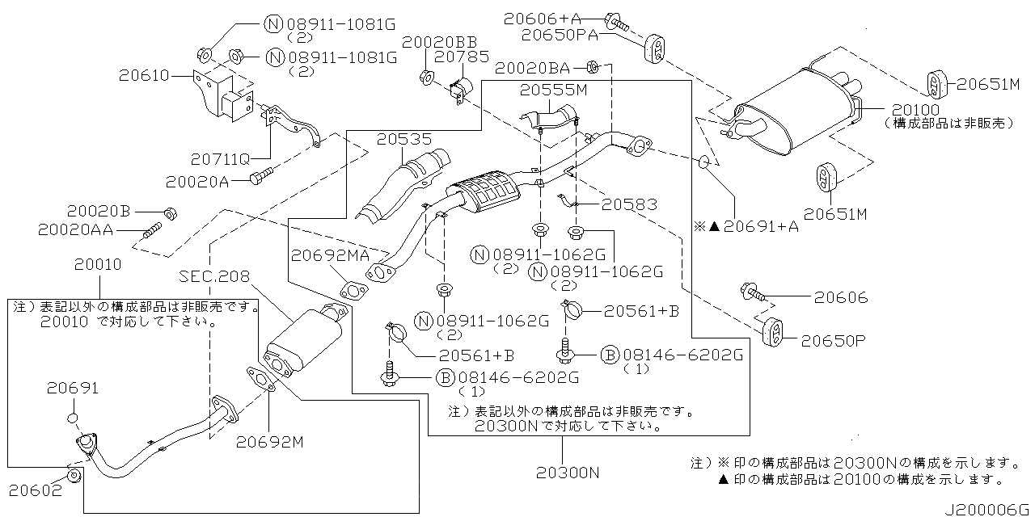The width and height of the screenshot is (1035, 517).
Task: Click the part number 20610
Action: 142,76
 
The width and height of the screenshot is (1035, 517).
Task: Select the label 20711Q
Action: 219,159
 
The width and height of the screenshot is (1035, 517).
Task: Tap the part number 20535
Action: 403,140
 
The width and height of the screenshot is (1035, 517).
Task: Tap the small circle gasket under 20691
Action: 71,418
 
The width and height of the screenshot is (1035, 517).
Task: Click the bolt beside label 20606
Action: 749,292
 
